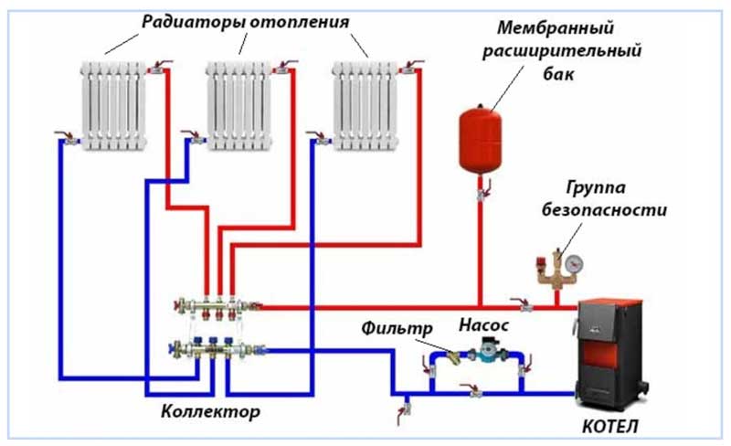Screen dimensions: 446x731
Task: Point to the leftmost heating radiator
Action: (x=112, y=105)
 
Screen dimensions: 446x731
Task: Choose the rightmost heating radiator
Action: (x=365, y=105)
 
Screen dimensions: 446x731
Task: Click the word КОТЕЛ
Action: (x=609, y=426)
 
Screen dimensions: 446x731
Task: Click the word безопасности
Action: (x=614, y=209)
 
